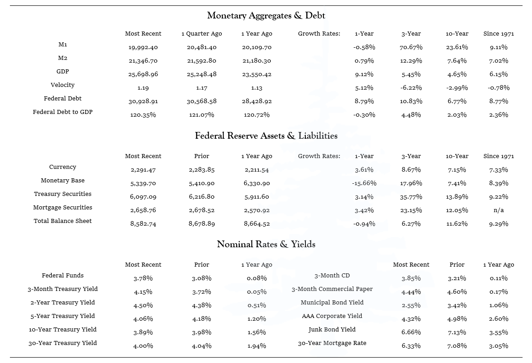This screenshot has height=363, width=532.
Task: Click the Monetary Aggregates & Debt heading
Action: coord(266,16)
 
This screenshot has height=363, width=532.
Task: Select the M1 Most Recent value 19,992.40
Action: coord(143,47)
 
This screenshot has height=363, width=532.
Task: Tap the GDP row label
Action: coord(63,72)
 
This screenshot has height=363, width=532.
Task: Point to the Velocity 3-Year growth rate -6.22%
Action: coord(411,88)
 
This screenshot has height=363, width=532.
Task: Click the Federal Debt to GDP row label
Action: coord(63,112)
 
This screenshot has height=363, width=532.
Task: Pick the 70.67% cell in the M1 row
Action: coord(411,47)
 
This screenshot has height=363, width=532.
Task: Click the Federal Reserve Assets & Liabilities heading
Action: coord(266,136)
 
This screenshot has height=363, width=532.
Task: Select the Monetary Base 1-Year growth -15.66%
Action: coord(364,183)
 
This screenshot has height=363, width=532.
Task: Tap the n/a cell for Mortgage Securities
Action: coord(498,210)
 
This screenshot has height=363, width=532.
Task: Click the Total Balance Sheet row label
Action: coord(63,221)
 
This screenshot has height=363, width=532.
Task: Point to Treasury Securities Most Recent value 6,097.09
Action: coord(143,197)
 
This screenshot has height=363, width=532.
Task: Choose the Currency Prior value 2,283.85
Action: coord(201,170)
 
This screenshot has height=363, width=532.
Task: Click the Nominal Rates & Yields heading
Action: coord(266,245)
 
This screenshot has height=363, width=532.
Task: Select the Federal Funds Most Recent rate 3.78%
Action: coord(143,278)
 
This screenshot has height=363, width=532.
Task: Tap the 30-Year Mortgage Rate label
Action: coord(332,343)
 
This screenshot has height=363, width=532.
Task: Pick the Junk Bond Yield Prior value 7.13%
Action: coord(457,332)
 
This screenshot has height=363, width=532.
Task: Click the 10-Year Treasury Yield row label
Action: coord(63,329)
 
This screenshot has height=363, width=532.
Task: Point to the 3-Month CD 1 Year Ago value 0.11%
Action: coord(498,278)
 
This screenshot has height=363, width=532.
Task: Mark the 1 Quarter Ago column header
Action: coord(201,34)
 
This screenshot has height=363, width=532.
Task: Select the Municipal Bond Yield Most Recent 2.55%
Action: coord(411,305)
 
